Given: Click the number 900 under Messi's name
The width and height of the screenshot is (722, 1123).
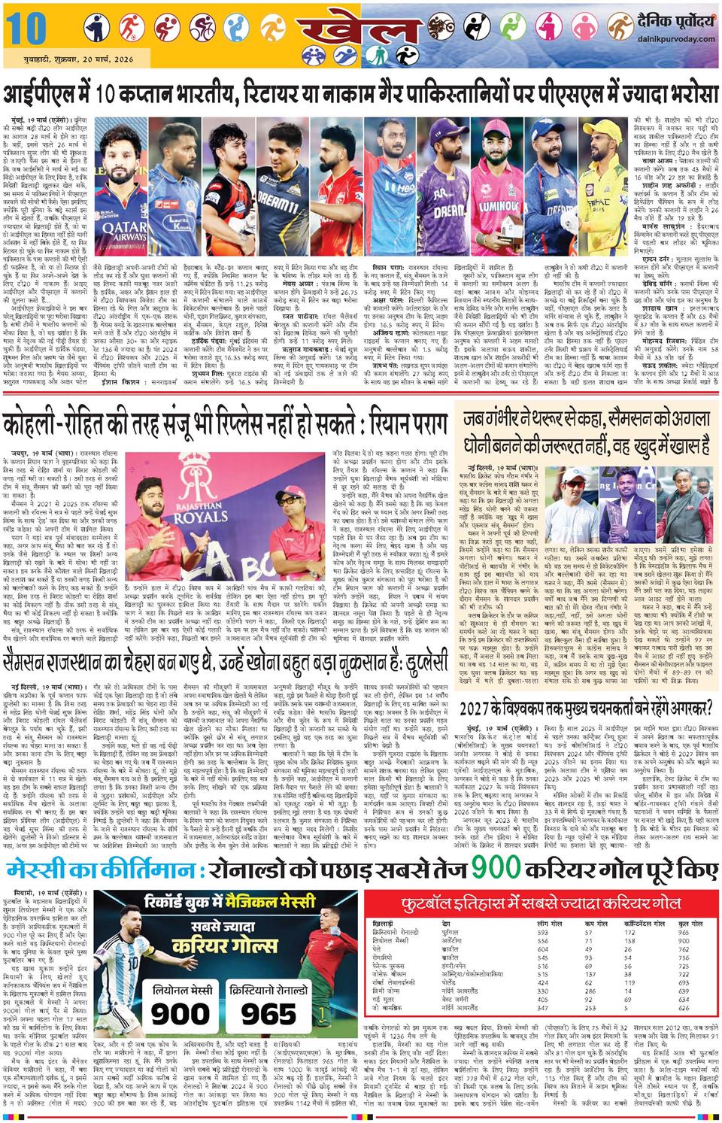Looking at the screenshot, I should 180,1014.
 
